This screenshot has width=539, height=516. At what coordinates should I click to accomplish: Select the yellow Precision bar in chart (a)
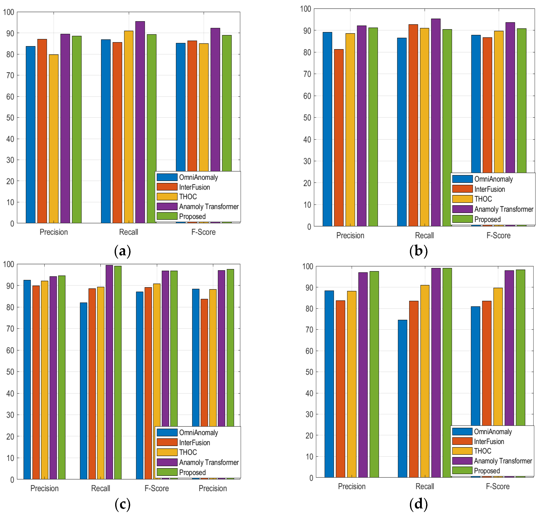54,138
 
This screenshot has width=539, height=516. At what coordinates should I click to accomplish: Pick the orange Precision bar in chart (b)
339,138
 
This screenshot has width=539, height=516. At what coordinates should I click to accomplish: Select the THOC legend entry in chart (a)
188,197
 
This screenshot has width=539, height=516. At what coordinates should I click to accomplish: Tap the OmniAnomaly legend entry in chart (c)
198,433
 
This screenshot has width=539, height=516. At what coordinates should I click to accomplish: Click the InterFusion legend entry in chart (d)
489,442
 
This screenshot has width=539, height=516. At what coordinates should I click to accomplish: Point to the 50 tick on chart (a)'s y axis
10,118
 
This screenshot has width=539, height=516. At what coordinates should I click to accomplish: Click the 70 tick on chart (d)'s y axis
309,330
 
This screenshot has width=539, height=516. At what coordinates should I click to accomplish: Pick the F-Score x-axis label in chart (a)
203,232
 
